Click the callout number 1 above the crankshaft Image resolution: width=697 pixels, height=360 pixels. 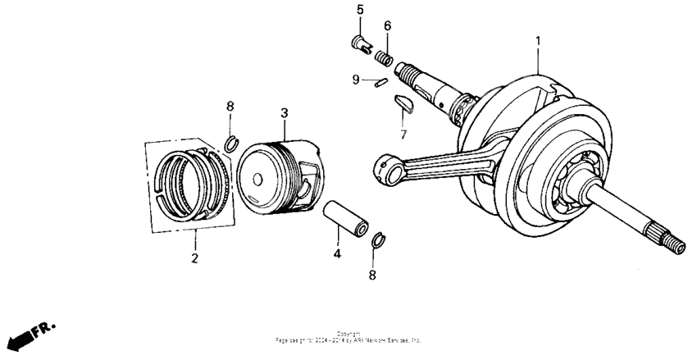[538, 39]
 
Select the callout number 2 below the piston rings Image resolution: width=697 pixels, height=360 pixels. [195, 259]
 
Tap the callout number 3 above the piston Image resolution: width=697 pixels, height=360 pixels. [284, 112]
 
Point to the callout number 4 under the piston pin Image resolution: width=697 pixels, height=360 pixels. [337, 254]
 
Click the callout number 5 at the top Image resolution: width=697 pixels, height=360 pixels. [359, 9]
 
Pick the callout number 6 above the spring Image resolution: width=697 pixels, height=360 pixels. [387, 26]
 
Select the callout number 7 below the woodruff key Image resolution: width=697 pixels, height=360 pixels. [403, 133]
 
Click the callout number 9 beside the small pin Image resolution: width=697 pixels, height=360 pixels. [356, 80]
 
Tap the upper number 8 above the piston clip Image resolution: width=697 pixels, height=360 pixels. [230, 107]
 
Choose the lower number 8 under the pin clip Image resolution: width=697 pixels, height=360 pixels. [372, 276]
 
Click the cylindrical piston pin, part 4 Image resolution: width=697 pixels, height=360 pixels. [348, 219]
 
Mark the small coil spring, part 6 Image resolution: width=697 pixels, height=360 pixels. [381, 57]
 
